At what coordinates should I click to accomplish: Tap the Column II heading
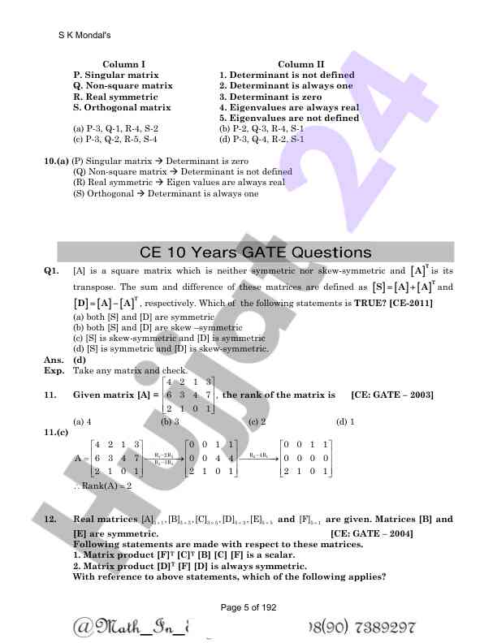(x=300, y=64)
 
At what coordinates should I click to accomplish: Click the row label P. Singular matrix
(x=115, y=75)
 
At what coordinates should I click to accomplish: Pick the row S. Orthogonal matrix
(x=122, y=107)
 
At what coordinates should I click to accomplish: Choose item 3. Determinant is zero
(x=270, y=96)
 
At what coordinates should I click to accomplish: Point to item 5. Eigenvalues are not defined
(x=289, y=118)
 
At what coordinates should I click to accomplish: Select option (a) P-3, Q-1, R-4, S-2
(x=115, y=128)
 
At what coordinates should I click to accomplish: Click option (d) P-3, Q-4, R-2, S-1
(x=261, y=139)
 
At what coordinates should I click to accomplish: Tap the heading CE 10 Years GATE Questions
(x=256, y=252)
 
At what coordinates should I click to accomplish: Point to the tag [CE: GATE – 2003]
(x=392, y=395)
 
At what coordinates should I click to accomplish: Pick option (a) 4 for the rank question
(x=82, y=422)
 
